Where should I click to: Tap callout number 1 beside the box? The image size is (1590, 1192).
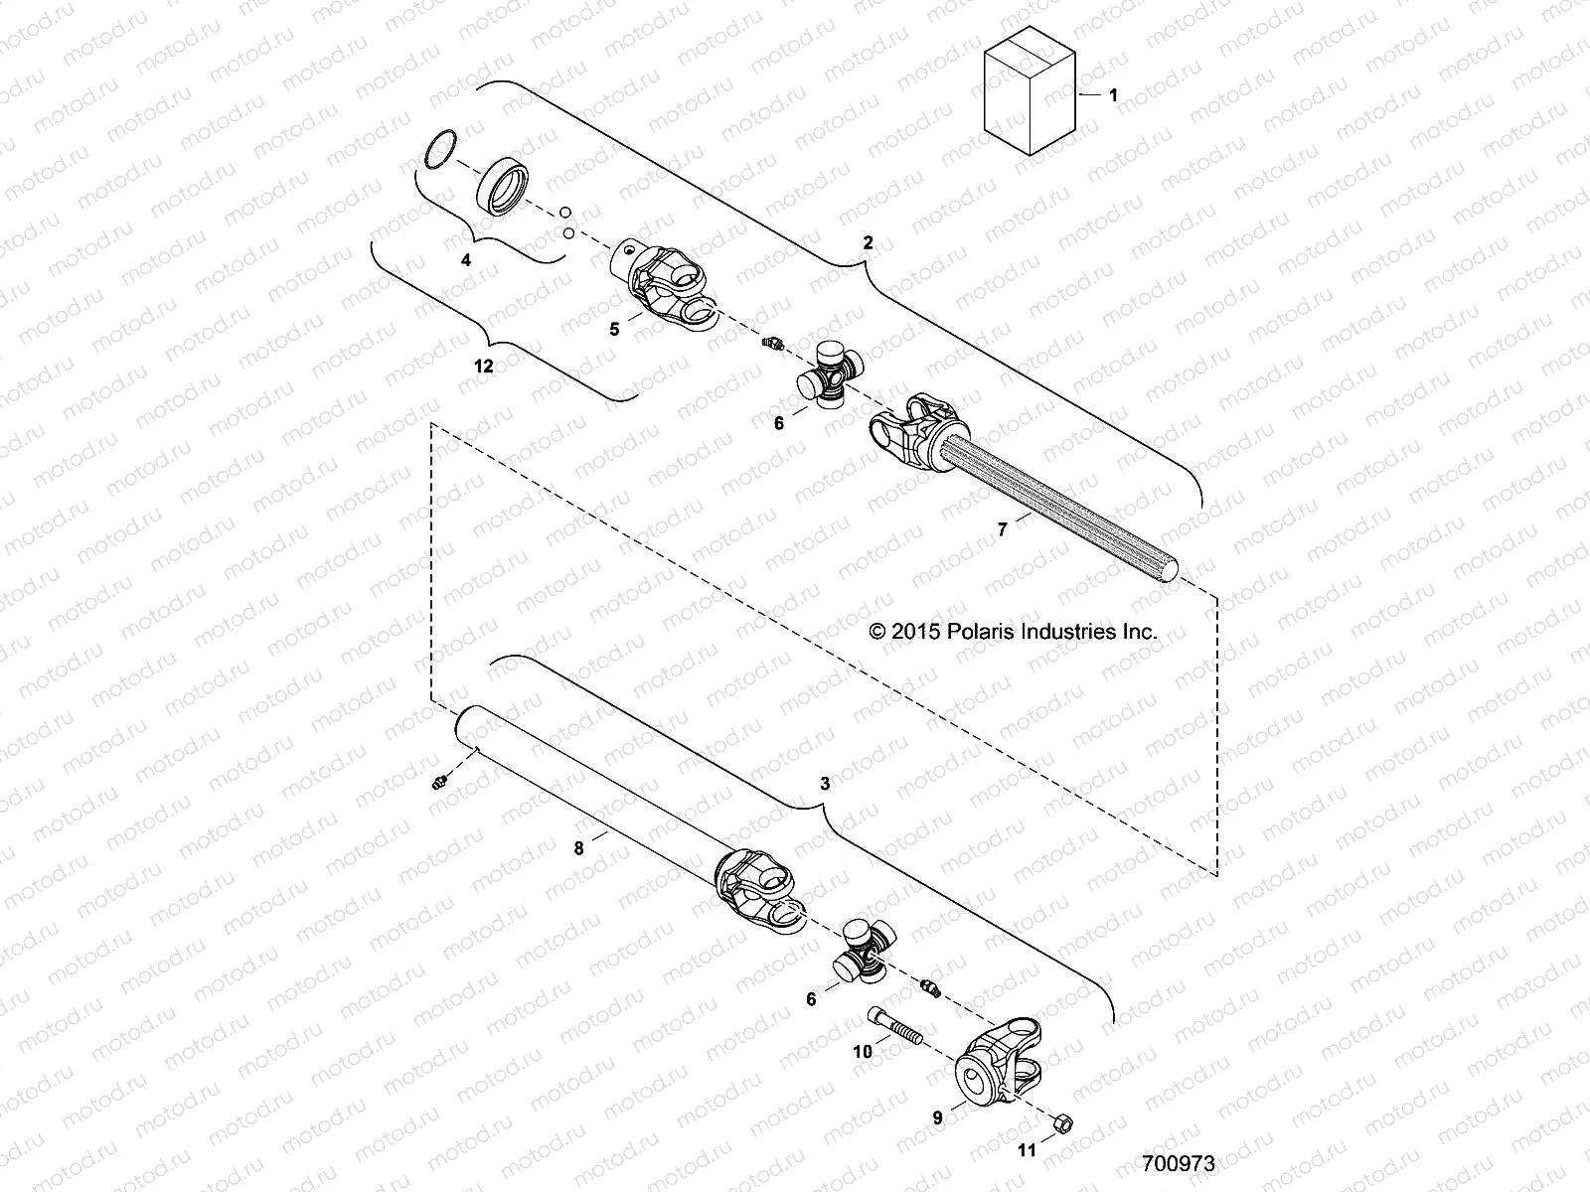(x=1113, y=95)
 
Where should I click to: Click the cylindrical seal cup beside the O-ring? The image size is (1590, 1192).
(x=507, y=188)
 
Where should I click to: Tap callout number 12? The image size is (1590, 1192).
(x=483, y=366)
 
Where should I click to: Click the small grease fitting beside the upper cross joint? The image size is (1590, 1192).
(x=771, y=344)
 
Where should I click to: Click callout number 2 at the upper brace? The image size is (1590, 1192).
(x=868, y=242)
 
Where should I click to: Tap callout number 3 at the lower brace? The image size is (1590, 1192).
(x=824, y=784)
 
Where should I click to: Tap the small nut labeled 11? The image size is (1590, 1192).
(x=1060, y=1122)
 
